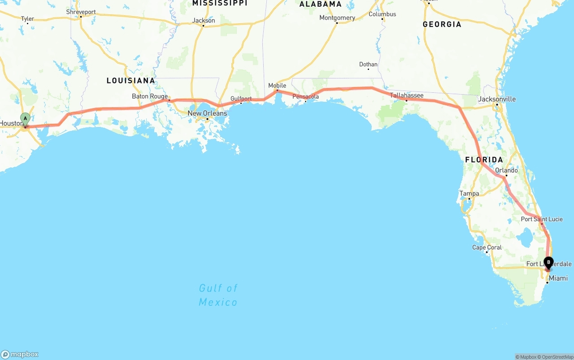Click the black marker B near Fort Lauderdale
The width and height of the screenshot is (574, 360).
tap(548, 262)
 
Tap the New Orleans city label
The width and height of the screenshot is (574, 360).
tap(207, 113)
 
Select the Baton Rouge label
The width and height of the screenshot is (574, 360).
tap(150, 96)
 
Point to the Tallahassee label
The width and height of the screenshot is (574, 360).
tap(407, 95)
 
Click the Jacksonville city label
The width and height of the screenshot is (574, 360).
tap(497, 99)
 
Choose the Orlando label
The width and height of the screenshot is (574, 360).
tap(506, 170)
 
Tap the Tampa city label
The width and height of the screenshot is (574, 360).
tap(469, 194)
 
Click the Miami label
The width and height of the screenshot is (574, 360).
tap(558, 278)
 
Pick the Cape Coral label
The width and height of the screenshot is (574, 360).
tap(487, 247)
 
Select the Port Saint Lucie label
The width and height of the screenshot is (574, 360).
tap(542, 219)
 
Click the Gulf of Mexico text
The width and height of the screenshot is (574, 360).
tap(218, 295)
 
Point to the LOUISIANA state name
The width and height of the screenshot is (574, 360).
tap(130, 81)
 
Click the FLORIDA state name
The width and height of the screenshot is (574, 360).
tap(484, 160)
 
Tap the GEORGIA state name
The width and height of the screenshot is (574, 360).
tap(442, 24)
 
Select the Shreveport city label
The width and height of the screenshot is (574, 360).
tap(81, 12)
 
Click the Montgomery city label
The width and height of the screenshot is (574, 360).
tap(337, 18)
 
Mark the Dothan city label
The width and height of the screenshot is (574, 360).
tap(368, 65)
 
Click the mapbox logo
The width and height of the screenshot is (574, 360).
tap(20, 354)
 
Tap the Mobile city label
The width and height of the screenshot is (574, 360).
tap(277, 86)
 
